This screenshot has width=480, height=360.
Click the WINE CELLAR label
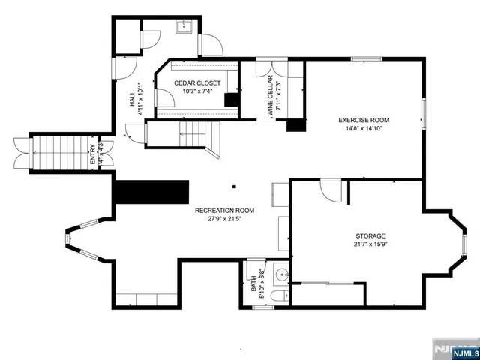(269, 98)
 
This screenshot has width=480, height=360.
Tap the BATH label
(253, 285)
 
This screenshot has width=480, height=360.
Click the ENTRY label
(93, 154)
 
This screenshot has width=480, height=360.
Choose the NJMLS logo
(453, 350)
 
